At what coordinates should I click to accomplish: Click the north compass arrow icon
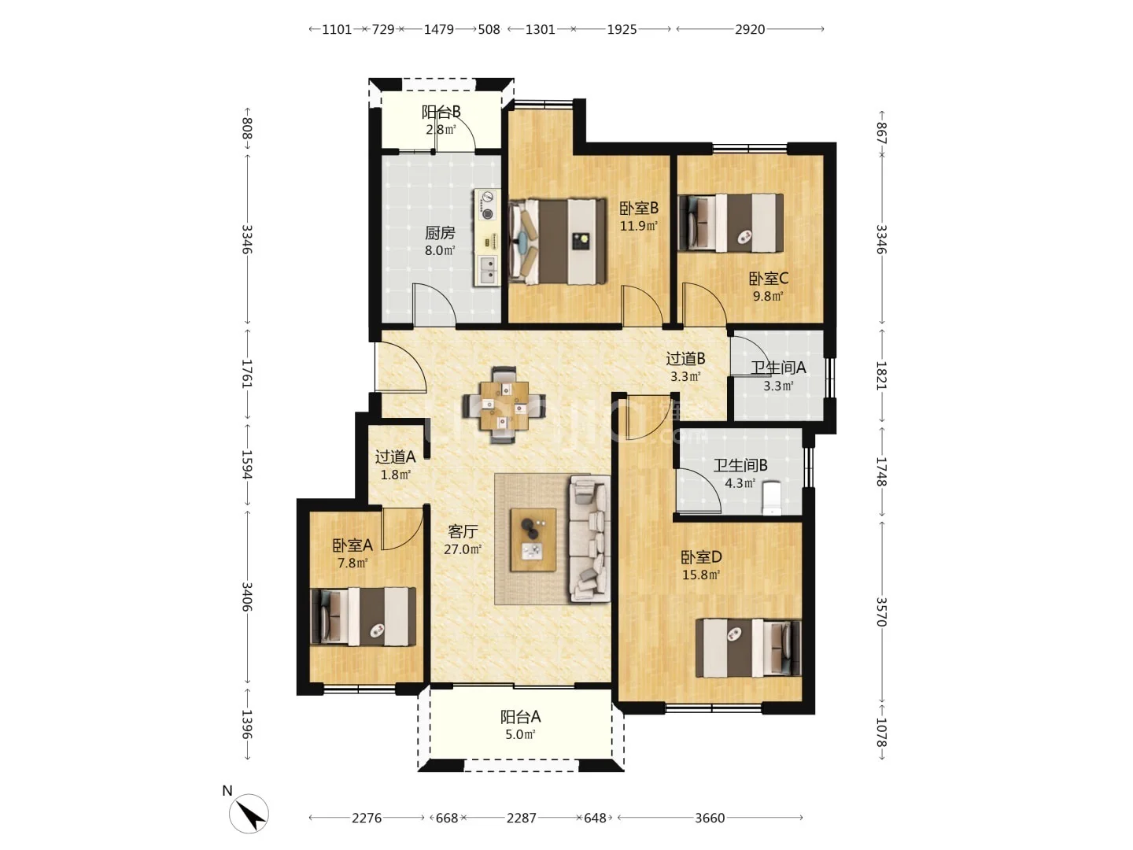click(x=249, y=814)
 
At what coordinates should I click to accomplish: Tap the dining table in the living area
click(x=504, y=405)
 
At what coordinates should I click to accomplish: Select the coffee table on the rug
click(x=533, y=540)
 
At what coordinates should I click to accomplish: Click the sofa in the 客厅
click(x=590, y=539)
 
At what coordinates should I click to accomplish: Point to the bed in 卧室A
click(x=364, y=616)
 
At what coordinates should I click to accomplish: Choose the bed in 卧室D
click(x=748, y=649)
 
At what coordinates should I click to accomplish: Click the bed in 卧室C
click(x=731, y=223)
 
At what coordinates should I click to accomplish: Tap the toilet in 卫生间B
click(x=772, y=498)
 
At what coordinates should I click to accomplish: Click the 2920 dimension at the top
click(x=750, y=29)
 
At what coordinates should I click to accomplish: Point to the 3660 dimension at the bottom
click(x=710, y=818)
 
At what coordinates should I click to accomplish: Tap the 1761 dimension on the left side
click(x=247, y=374)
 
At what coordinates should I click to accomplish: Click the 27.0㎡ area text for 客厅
click(x=463, y=549)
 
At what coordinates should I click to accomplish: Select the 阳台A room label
click(x=520, y=717)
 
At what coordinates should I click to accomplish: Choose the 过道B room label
click(x=685, y=358)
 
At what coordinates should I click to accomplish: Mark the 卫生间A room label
click(x=778, y=368)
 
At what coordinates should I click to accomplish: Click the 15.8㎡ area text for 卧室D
click(x=701, y=575)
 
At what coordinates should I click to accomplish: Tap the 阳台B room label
click(x=441, y=112)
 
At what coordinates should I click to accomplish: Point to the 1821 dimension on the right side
click(x=880, y=375)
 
